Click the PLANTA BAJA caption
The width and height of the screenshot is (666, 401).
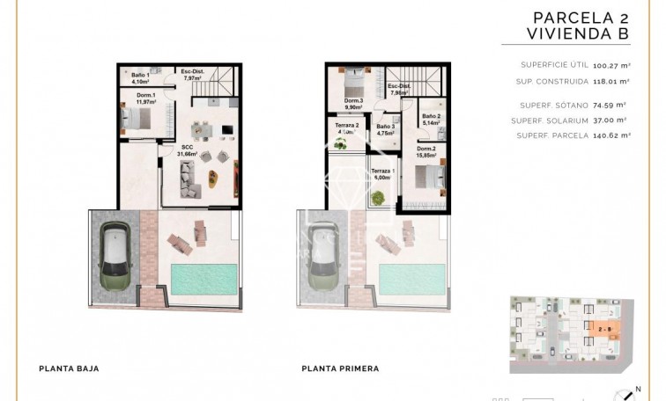70,369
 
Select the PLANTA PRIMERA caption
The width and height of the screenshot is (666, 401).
340,369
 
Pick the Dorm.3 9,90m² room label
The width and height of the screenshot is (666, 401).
353,104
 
